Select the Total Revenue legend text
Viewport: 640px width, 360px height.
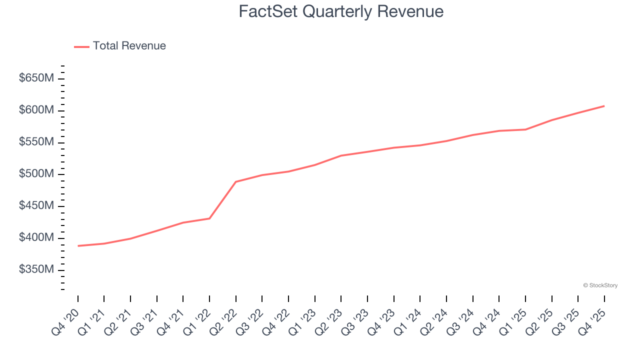click(129, 46)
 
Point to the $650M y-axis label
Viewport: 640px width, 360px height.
click(36, 78)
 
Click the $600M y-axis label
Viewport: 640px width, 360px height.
click(36, 110)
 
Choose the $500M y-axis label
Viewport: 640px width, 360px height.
click(36, 174)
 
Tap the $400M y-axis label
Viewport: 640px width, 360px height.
click(36, 238)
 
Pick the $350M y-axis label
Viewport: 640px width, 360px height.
click(36, 270)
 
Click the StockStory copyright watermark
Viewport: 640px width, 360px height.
click(600, 285)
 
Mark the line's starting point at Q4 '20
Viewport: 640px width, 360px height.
click(78, 246)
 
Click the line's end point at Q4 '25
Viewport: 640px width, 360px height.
click(604, 106)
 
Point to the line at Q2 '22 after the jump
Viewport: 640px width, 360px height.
click(236, 181)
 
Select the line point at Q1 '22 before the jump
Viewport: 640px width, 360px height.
click(209, 218)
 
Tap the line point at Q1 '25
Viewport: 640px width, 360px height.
click(525, 129)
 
